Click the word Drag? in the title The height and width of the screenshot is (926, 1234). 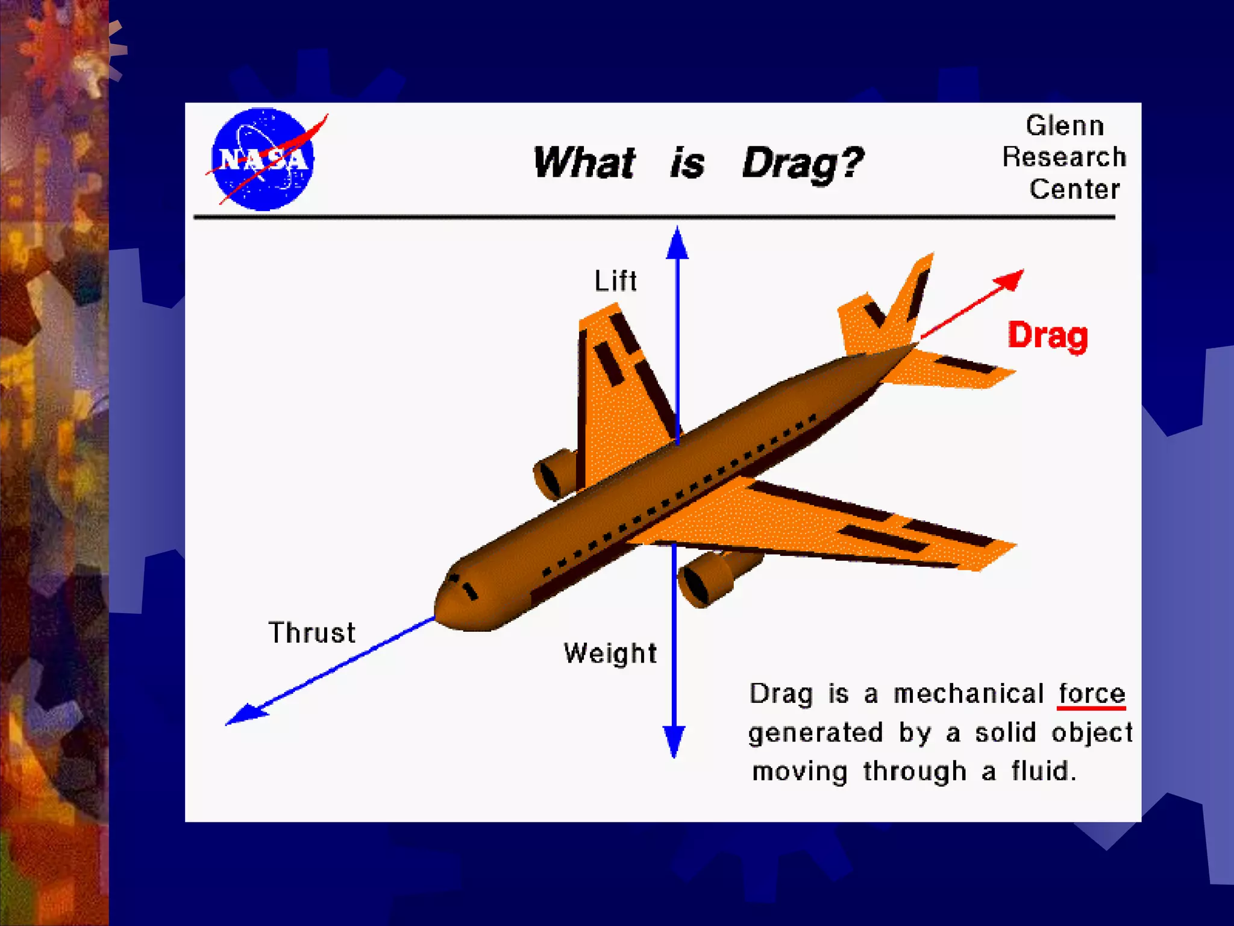(803, 163)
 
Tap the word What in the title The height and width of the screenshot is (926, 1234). (584, 163)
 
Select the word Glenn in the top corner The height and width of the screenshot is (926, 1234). (1065, 126)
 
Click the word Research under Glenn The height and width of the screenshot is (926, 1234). (1064, 157)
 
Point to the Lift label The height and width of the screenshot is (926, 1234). (615, 281)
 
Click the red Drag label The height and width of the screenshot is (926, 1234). (1048, 336)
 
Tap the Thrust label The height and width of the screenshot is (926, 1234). (312, 633)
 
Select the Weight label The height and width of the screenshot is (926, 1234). (610, 654)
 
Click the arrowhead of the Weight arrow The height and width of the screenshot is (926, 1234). (674, 740)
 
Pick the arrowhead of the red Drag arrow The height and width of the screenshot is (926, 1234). (1010, 279)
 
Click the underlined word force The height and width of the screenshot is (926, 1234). (1091, 693)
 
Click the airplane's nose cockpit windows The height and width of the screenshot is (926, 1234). (462, 585)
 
